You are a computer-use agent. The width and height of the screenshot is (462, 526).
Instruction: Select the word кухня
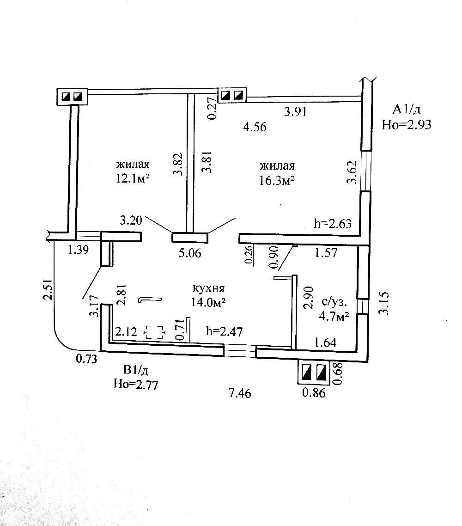[x=209, y=288]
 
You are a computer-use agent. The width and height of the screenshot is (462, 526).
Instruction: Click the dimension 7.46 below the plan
[x=240, y=393]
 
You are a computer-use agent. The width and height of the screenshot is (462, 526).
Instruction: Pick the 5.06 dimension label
[x=189, y=253]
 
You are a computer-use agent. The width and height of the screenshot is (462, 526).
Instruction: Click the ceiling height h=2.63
[x=333, y=224]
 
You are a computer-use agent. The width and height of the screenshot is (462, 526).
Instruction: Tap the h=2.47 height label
[x=225, y=331]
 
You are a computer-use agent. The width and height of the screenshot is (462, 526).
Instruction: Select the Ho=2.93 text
[x=407, y=124]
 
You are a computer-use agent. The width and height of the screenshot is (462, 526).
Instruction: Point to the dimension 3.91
[x=296, y=111]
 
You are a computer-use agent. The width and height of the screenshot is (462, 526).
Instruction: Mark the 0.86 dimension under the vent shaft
[x=314, y=393]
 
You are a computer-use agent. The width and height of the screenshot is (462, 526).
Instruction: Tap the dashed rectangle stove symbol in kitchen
[x=155, y=332]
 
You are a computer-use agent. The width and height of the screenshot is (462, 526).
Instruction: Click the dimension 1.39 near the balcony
[x=78, y=250]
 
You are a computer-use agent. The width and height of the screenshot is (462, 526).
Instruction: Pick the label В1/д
[x=135, y=370]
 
